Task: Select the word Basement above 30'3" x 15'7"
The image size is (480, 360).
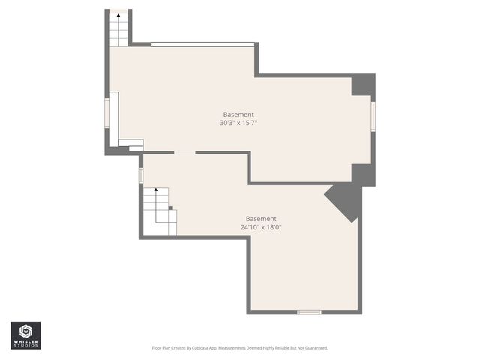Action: click(238, 114)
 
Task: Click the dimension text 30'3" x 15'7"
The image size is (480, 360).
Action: click(238, 123)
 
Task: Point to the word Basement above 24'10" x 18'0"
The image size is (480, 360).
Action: click(261, 218)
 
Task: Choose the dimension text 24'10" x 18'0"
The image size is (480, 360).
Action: click(261, 227)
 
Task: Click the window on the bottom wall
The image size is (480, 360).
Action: click(309, 311)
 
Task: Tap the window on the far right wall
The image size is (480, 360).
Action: click(373, 116)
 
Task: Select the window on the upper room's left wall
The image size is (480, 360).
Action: click(106, 112)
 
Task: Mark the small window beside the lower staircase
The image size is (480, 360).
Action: click(140, 175)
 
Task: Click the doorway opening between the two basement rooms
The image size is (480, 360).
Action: click(184, 152)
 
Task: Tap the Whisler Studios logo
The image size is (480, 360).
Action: click(25, 334)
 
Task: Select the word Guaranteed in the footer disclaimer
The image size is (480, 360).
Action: click(315, 348)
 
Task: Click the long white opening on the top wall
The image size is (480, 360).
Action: click(202, 44)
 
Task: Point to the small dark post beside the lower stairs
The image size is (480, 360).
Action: click(170, 207)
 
